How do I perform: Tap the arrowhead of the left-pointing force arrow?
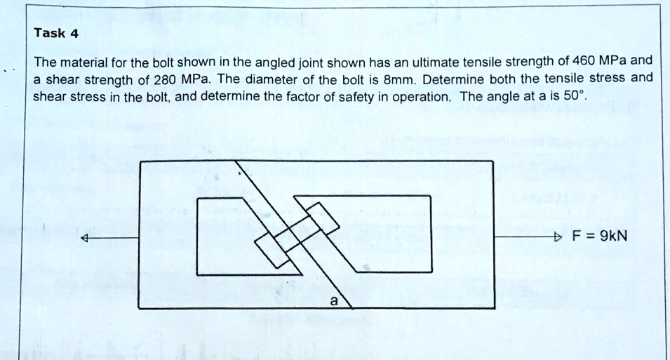[86, 239]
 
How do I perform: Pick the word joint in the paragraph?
[305, 60]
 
